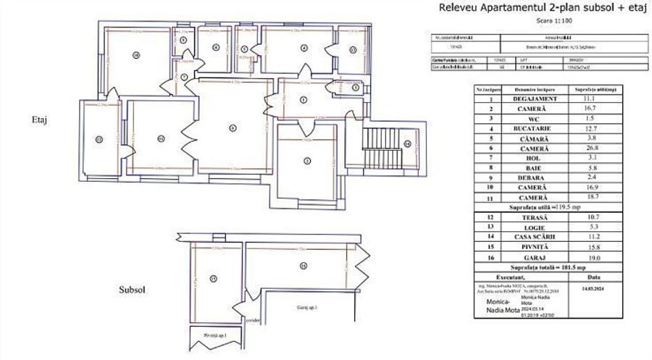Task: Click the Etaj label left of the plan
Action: point(39,120)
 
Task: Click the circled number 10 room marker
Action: point(135,54)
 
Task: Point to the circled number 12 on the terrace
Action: point(99,138)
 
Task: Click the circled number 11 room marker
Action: point(161,138)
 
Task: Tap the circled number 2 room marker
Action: point(306,160)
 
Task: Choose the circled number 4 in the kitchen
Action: point(304,48)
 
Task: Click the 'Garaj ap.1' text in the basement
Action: point(308,307)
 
